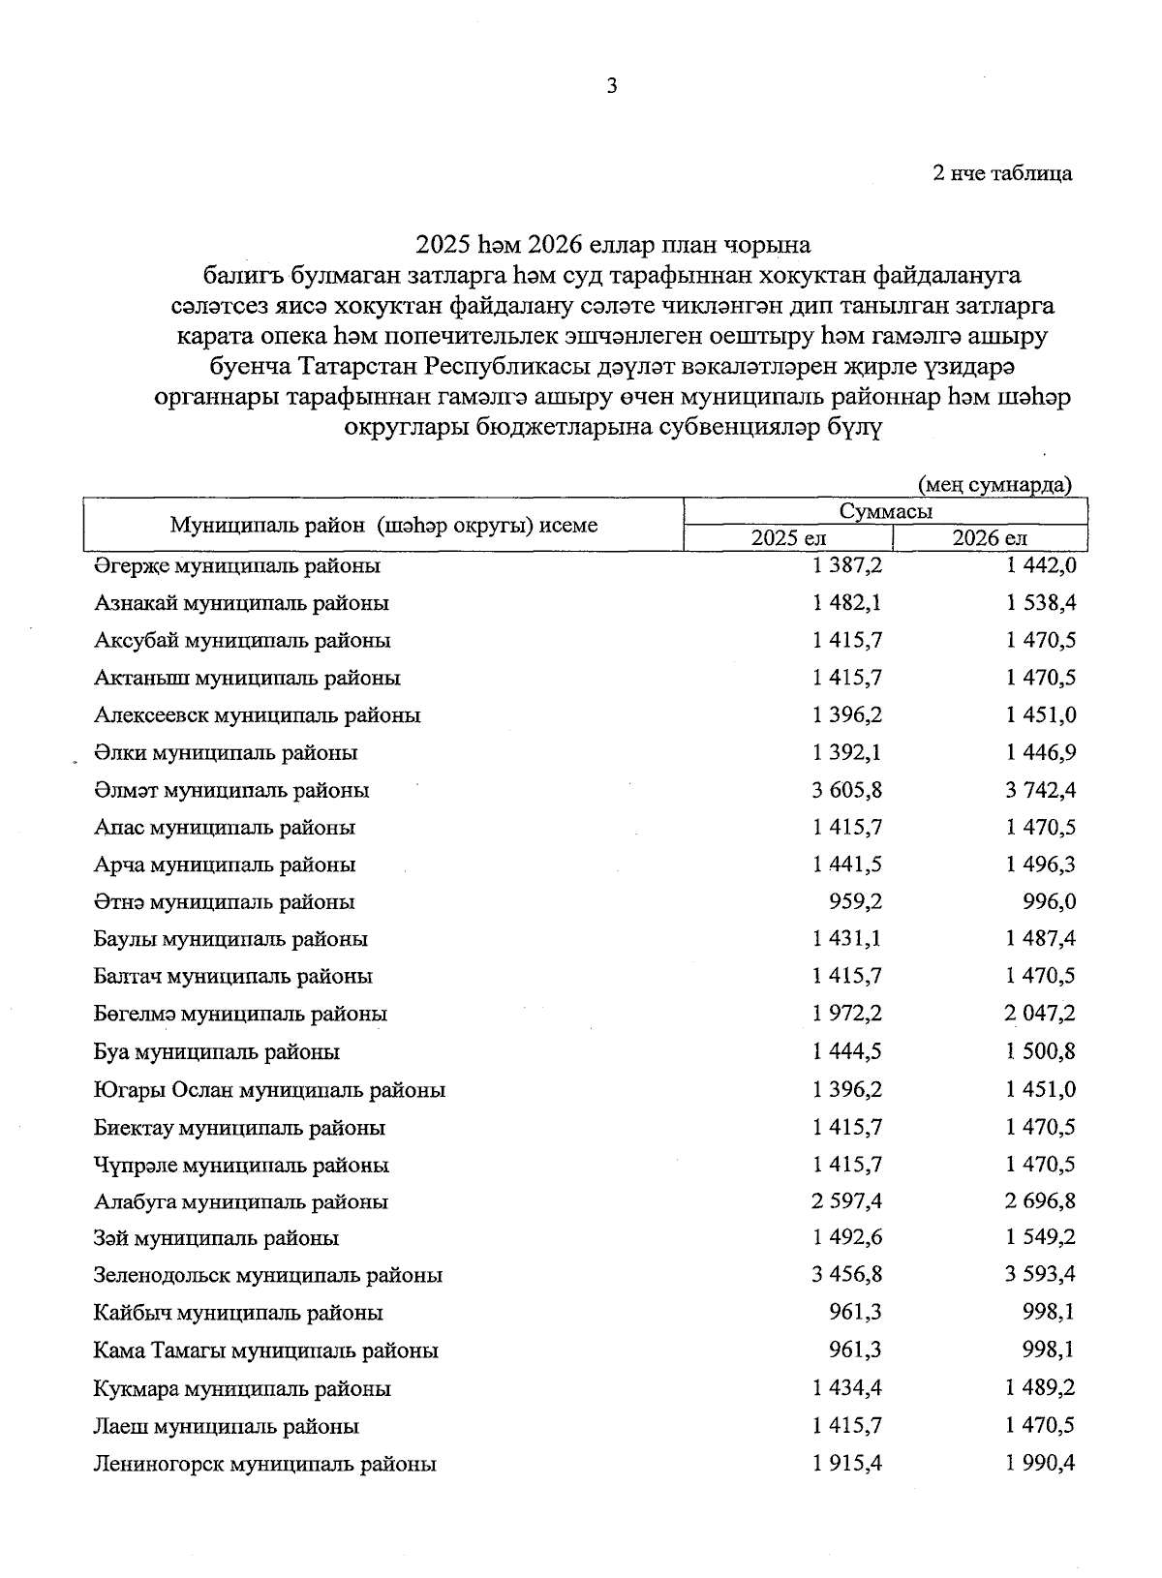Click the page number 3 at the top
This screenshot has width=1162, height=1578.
click(x=611, y=86)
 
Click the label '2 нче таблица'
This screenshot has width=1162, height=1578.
click(x=1001, y=174)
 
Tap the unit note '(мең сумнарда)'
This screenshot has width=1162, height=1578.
click(x=994, y=484)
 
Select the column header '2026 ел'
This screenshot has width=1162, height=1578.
click(x=989, y=538)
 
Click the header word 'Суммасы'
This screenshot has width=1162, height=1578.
click(x=886, y=512)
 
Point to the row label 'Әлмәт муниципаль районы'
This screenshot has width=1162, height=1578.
click(x=231, y=790)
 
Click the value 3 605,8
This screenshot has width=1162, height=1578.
click(x=847, y=790)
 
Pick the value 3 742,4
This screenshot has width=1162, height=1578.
click(x=1041, y=790)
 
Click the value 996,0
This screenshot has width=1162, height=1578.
click(x=1050, y=902)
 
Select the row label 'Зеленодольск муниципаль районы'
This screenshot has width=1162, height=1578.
click(x=268, y=1276)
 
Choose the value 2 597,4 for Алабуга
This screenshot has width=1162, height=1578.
click(x=847, y=1201)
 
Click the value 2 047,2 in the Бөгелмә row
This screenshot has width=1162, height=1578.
click(x=1041, y=1014)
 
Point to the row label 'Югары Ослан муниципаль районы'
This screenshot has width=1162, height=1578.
click(x=269, y=1090)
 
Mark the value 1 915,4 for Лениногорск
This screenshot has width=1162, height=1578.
click(x=847, y=1464)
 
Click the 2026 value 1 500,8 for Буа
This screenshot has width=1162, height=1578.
click(x=1041, y=1051)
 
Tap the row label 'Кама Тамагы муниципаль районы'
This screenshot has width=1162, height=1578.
click(x=266, y=1350)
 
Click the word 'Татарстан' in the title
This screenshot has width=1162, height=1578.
click(x=359, y=368)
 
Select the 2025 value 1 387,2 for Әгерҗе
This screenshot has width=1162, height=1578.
click(x=847, y=565)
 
